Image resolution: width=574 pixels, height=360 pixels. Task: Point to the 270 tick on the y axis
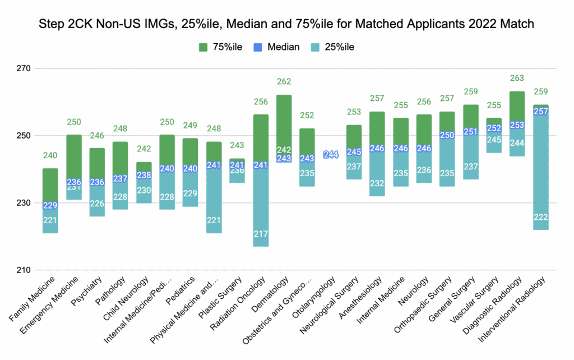[26, 68]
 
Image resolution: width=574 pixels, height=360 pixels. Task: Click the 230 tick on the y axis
[26, 203]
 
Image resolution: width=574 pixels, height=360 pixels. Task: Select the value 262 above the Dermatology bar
[284, 82]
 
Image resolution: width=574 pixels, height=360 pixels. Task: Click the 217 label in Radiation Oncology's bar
[261, 233]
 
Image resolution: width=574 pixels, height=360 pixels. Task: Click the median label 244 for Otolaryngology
[331, 155]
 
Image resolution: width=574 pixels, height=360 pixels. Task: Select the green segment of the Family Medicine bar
[50, 185]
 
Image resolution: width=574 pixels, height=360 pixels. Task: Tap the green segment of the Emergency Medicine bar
[74, 157]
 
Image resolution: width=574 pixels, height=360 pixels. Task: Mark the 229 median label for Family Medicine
[50, 206]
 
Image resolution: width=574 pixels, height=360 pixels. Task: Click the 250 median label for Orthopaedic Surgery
[447, 135]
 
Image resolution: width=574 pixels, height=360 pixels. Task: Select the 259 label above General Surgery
[470, 91]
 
